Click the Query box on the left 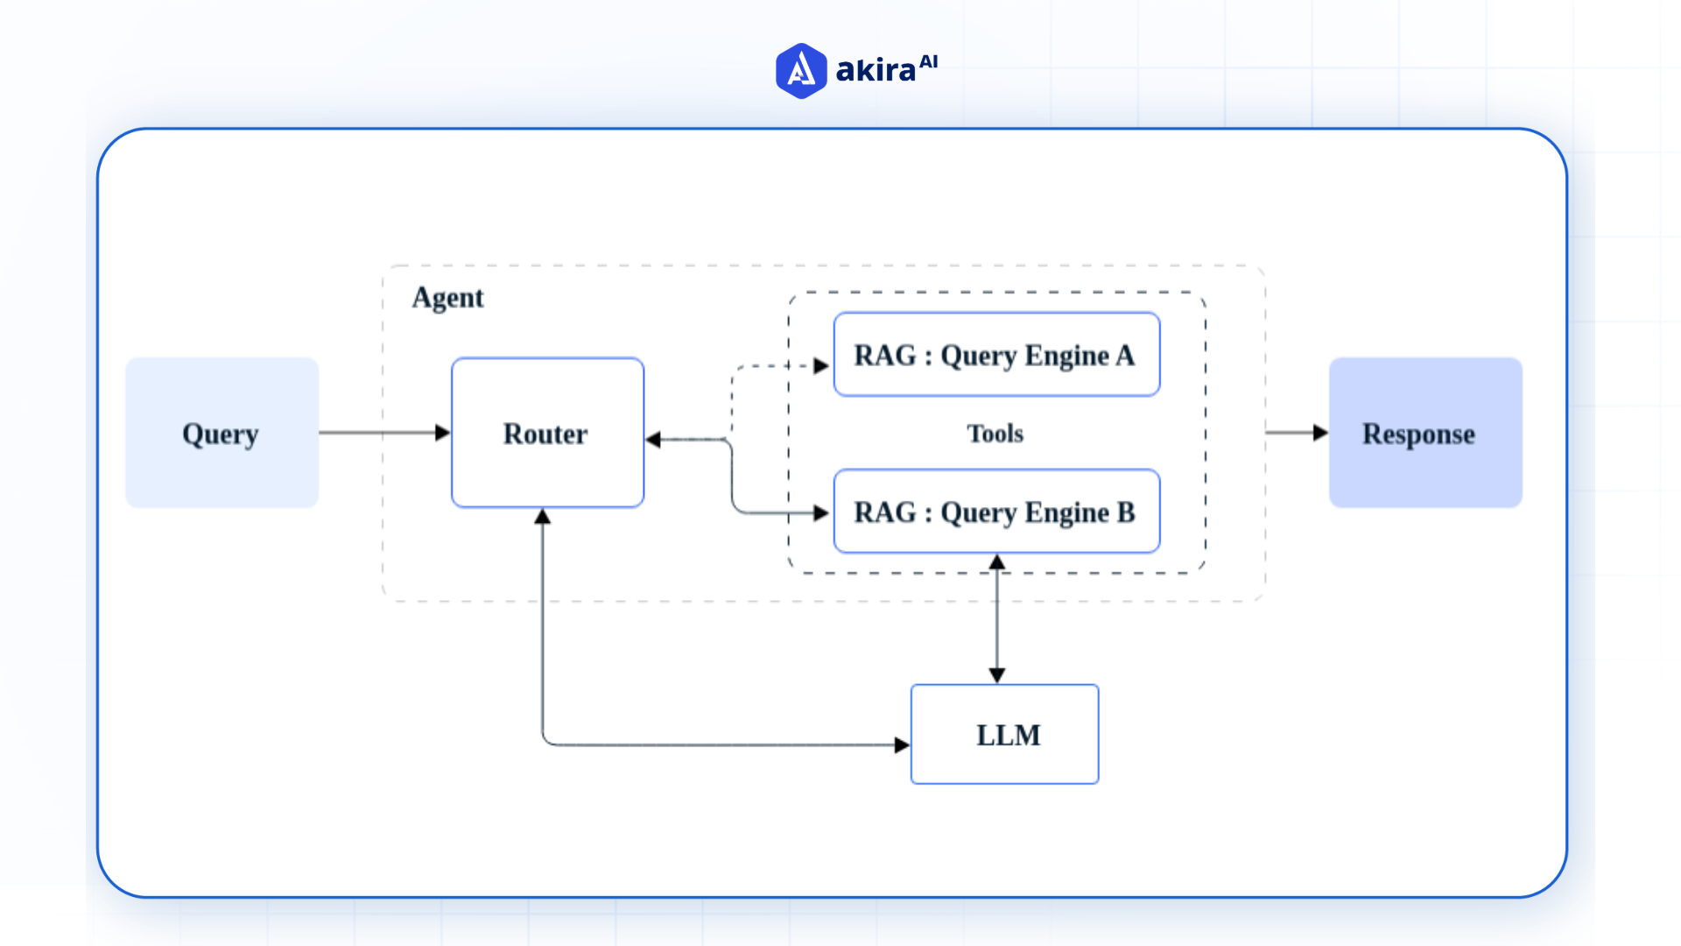point(222,433)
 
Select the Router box point(547,433)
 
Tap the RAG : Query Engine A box point(996,355)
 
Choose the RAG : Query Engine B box point(996,512)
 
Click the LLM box point(1005,734)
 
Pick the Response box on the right point(1425,433)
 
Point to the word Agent point(447,298)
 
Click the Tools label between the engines point(995,434)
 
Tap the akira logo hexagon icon point(800,71)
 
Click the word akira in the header point(876,70)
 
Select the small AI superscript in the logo point(929,61)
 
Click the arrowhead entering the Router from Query point(443,433)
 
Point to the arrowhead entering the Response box point(1321,433)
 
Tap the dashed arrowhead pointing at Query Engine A point(821,366)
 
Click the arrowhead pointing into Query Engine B point(821,512)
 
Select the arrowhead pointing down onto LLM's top point(996,675)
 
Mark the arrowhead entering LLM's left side point(903,745)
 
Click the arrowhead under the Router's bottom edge point(543,517)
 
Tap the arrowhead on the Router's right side point(653,440)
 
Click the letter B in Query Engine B point(1126,512)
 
